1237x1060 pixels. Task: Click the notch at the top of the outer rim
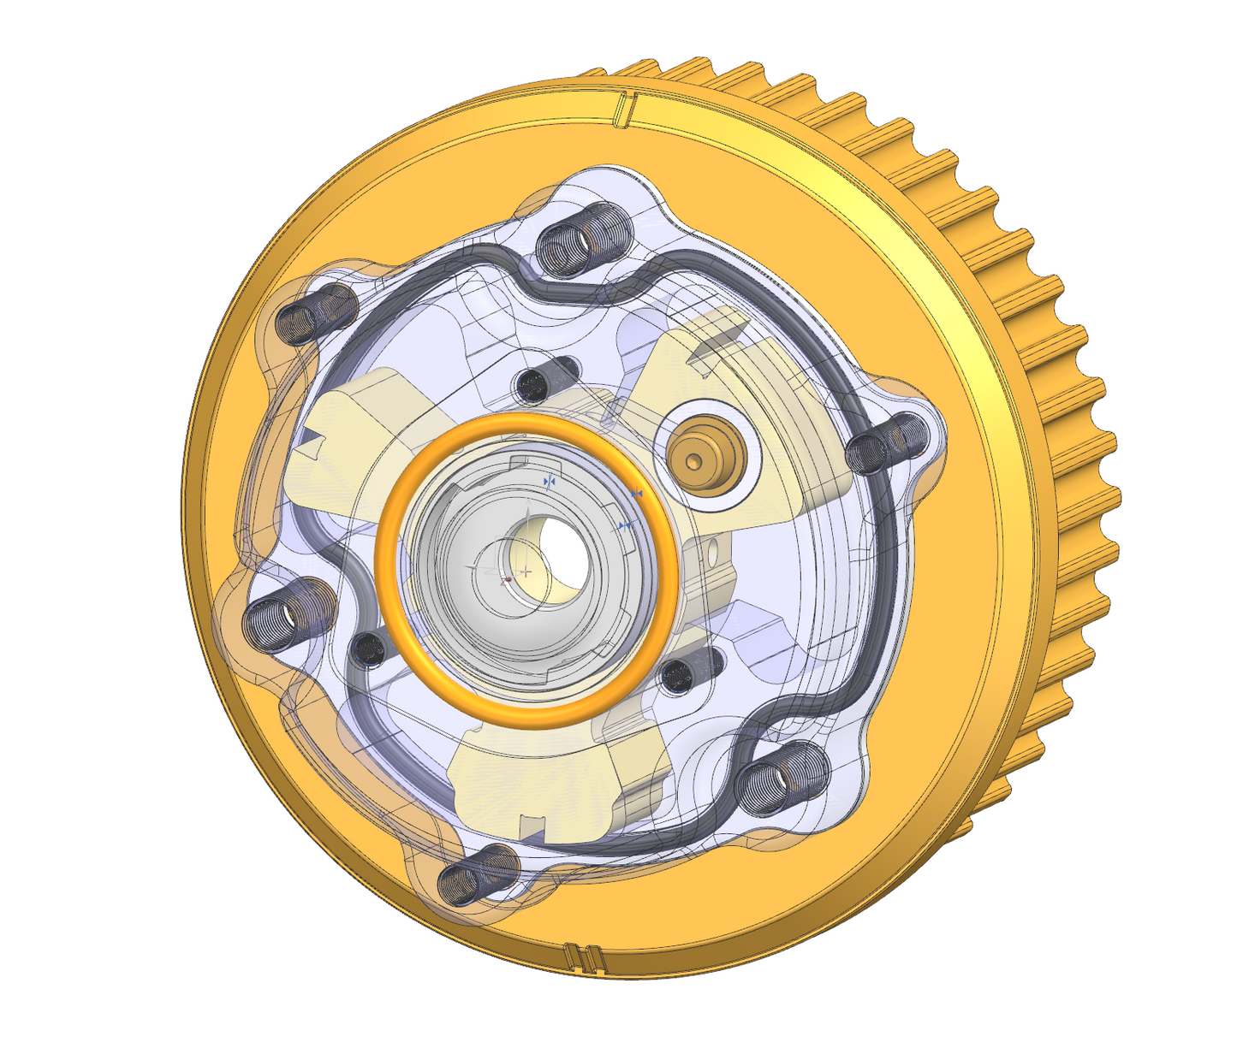625,108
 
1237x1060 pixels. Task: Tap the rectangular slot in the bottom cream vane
532,826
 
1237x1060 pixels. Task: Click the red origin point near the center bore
508,580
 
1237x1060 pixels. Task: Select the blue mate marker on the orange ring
636,494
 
